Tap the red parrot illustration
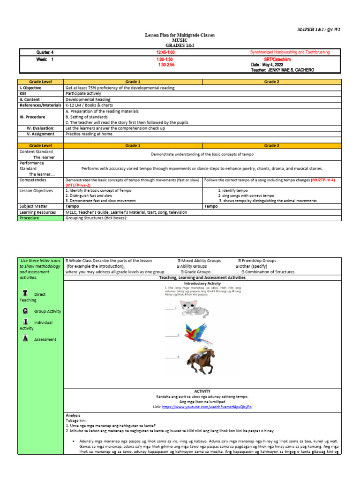[196, 335]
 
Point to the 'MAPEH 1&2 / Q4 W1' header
[319, 29]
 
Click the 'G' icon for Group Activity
[25, 310]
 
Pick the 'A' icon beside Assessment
[25, 338]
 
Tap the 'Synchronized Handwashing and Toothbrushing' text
[290, 52]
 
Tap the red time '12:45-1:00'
[165, 52]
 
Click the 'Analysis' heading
[73, 415]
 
